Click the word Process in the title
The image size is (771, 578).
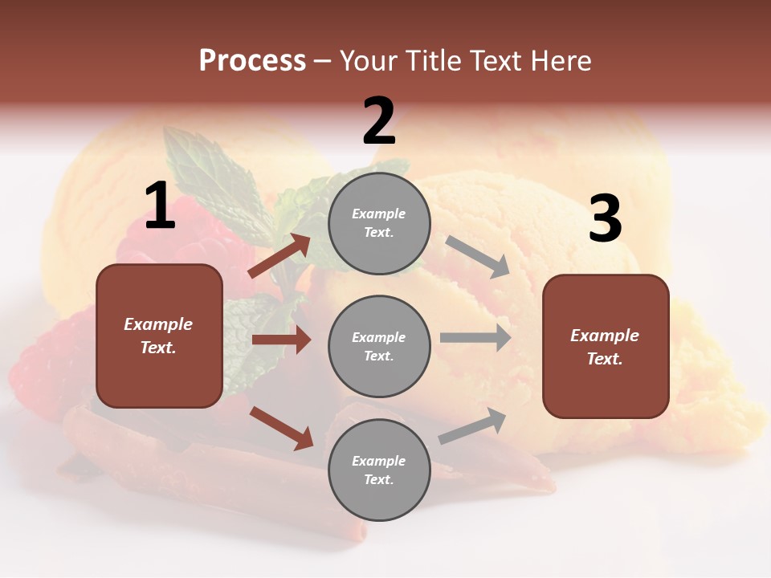coord(252,61)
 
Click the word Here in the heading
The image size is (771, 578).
coord(561,61)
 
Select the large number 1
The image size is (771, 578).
coord(160,206)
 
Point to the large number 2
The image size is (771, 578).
coord(379,121)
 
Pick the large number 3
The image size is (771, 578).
coord(605,219)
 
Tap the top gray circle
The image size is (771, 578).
coord(379,223)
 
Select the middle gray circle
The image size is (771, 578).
coord(379,346)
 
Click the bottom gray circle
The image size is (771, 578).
coord(379,470)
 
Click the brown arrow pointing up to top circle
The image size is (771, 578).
coord(280,255)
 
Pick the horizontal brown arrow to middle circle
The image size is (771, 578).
coord(281,340)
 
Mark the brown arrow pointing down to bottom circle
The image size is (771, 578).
coord(282,428)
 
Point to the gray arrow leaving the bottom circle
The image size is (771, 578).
coord(472,426)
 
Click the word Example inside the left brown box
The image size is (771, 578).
coord(158,324)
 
